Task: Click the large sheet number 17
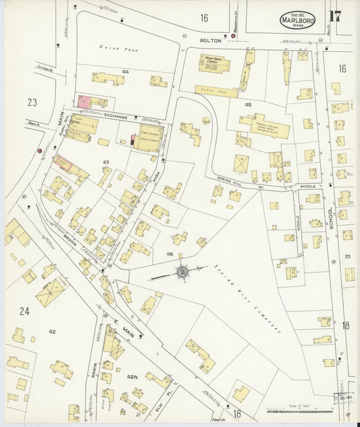pyautogui.click(x=335, y=17)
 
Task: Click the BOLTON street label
pyautogui.click(x=209, y=41)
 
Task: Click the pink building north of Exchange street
pyautogui.click(x=85, y=101)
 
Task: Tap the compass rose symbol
pyautogui.click(x=182, y=272)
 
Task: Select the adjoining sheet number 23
pyautogui.click(x=31, y=103)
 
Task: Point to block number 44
pyautogui.click(x=126, y=71)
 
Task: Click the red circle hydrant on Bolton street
pyautogui.click(x=233, y=36)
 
